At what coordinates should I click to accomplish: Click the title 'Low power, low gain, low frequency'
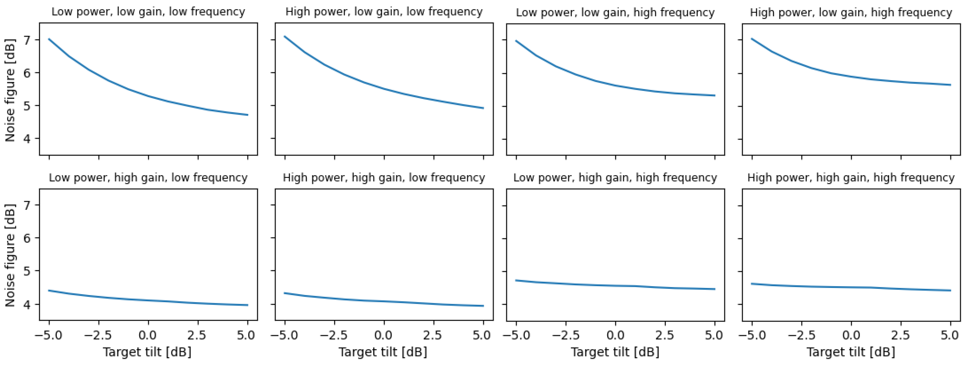[148, 12]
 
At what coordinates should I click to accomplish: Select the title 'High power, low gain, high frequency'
[851, 13]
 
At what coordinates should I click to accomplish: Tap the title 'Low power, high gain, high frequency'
[615, 178]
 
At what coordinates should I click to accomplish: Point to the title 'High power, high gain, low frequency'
[384, 178]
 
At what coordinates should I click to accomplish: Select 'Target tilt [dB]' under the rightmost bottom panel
[851, 352]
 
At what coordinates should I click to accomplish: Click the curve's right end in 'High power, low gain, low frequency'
[483, 108]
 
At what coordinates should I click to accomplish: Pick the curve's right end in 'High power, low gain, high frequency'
[950, 85]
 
